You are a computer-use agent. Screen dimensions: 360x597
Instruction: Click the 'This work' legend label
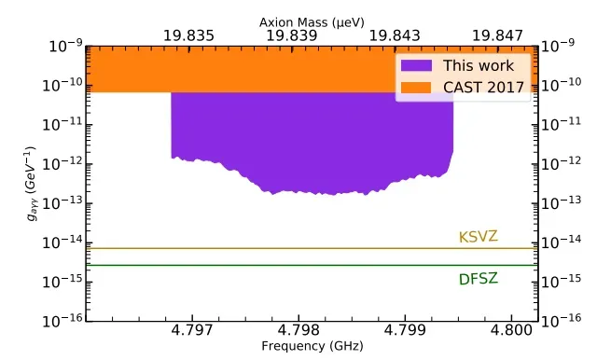[x=478, y=65]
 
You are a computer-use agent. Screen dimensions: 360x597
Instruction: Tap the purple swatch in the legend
[x=417, y=65]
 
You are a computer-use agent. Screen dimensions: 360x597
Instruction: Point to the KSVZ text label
[x=478, y=237]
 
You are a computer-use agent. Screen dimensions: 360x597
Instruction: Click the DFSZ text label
[x=478, y=279]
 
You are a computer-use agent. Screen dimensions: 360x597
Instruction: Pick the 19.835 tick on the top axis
[x=188, y=35]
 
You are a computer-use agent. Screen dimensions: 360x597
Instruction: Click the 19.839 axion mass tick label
[x=292, y=35]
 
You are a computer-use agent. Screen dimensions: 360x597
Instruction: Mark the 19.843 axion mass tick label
[x=395, y=35]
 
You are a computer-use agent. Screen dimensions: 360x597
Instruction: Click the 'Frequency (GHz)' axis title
[x=298, y=347]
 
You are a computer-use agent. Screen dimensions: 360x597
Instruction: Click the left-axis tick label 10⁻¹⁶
[x=62, y=320]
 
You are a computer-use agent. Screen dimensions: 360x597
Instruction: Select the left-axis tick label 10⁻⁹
[x=62, y=46]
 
